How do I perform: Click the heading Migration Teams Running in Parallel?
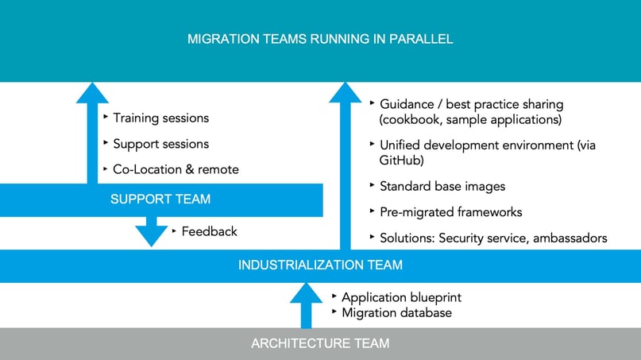coord(320,39)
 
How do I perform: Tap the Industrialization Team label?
coord(320,265)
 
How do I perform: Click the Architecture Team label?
coord(320,343)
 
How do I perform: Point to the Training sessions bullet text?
coord(160,118)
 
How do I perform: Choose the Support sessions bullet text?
coord(160,144)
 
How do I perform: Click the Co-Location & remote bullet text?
coord(176,169)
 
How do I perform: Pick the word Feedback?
coord(209,231)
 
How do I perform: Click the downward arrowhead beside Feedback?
coord(151,234)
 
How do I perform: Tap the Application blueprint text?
coord(401,297)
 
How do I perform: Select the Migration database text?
coord(396,312)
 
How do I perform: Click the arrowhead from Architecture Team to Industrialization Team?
coord(306,293)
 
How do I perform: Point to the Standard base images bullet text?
coord(442,186)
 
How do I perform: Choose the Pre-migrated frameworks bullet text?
coord(450,212)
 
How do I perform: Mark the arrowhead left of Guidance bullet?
coord(346,93)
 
